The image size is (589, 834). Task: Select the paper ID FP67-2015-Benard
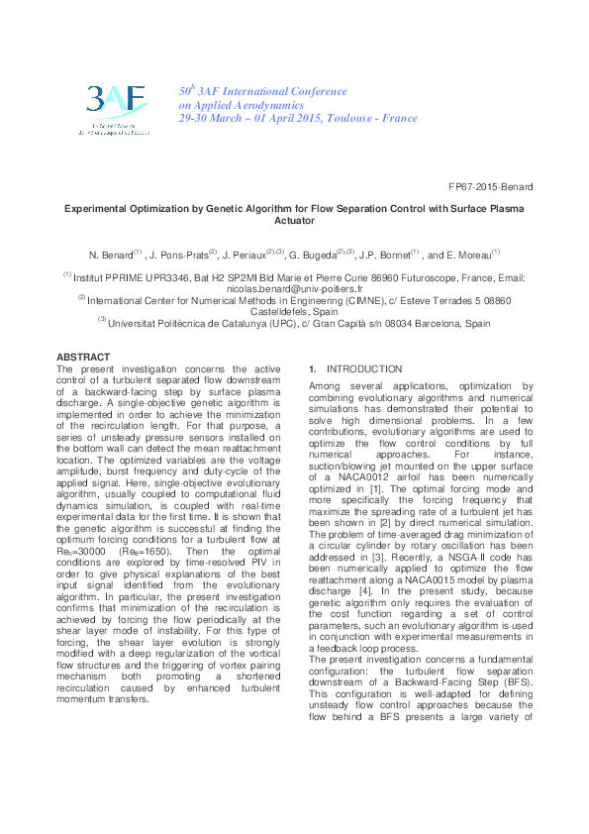519,186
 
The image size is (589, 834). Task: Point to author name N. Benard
110,255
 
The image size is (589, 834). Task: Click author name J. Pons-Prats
179,255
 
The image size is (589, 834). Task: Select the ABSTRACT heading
83,357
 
